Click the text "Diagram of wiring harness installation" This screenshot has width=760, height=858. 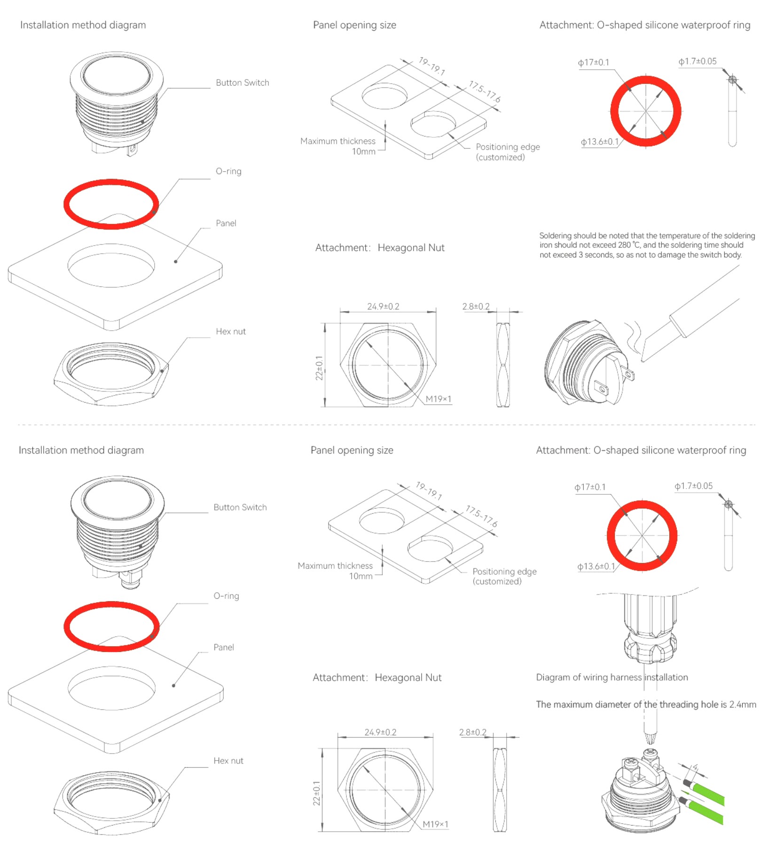click(612, 677)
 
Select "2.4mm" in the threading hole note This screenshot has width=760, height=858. click(743, 704)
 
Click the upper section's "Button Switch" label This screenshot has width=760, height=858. click(243, 83)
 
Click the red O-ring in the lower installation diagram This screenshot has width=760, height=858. click(111, 627)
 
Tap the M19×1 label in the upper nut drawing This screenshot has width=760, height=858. click(438, 399)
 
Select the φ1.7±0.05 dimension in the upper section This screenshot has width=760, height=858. click(697, 61)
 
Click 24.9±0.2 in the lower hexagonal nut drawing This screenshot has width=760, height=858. click(380, 732)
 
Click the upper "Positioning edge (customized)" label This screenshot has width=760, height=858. click(508, 152)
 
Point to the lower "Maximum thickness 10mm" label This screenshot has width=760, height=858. click(335, 571)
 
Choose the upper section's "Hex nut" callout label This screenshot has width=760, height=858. click(231, 331)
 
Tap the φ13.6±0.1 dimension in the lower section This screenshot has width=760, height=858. click(596, 566)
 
